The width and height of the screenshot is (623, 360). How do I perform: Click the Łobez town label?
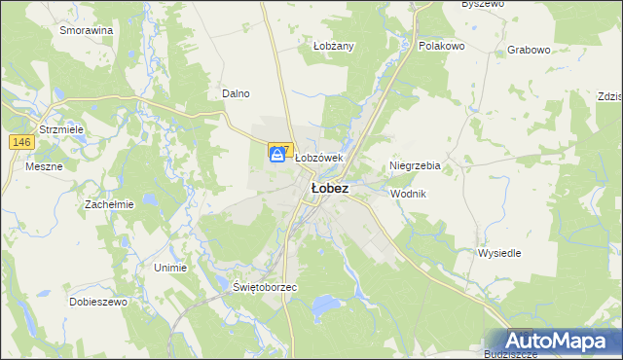coord(329,189)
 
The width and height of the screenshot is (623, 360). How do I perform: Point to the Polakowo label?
coord(442,46)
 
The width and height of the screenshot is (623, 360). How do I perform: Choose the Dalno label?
coord(236,93)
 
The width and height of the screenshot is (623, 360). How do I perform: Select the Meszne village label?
coord(44,165)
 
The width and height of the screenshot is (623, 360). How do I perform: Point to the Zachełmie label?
coord(108,204)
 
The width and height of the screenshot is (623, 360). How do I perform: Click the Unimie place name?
coord(170,266)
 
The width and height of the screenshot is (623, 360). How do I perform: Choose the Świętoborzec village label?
coord(265,288)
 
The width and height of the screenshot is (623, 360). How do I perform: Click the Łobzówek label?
coord(319,158)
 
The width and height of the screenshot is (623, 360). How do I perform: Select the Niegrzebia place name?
coord(415,165)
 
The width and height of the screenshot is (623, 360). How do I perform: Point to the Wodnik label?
coord(408,194)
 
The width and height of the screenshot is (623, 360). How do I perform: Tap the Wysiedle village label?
coord(499,253)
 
